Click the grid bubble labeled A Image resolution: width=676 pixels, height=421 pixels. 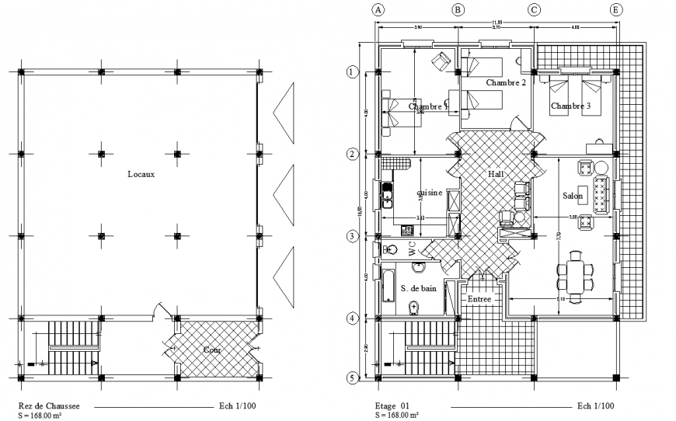point(378,10)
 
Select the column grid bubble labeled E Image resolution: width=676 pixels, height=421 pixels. point(616,10)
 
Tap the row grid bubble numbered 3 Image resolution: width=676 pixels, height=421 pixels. point(352,236)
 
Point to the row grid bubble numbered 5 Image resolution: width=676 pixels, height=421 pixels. point(352,378)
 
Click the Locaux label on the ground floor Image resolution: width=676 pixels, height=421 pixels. point(141,174)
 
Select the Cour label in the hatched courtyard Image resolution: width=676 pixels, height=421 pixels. point(213,350)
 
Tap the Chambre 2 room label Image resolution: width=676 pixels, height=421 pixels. point(506,82)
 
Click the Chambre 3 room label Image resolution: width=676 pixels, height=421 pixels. point(571,105)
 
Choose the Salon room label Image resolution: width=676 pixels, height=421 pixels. point(573,197)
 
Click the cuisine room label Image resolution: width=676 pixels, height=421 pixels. point(430,193)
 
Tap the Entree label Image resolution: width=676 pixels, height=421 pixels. point(479,298)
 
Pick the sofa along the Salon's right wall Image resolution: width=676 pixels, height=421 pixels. point(601,194)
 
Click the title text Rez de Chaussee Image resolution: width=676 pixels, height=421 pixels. point(49,405)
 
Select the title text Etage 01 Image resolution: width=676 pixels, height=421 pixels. point(392,405)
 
